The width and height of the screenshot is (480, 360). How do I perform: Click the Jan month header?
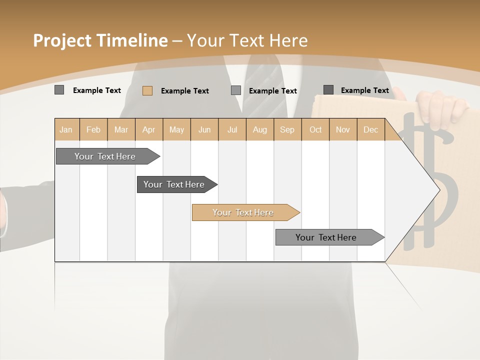click(x=66, y=129)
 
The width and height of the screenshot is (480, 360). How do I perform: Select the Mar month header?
click(x=121, y=129)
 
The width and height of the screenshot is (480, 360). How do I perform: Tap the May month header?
click(x=176, y=129)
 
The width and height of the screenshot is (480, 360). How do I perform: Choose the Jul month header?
click(x=232, y=129)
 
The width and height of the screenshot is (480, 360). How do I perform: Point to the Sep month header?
click(x=287, y=129)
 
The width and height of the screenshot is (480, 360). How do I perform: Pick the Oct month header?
click(x=315, y=129)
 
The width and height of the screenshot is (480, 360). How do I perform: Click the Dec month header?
click(x=370, y=129)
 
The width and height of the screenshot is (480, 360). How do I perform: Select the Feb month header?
click(x=93, y=129)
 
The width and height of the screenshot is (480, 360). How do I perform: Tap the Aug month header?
click(x=259, y=129)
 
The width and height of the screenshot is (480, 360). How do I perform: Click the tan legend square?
click(x=147, y=90)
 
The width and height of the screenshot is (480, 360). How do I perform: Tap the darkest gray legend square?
click(x=328, y=90)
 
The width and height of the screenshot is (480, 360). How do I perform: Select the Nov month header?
click(x=343, y=129)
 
